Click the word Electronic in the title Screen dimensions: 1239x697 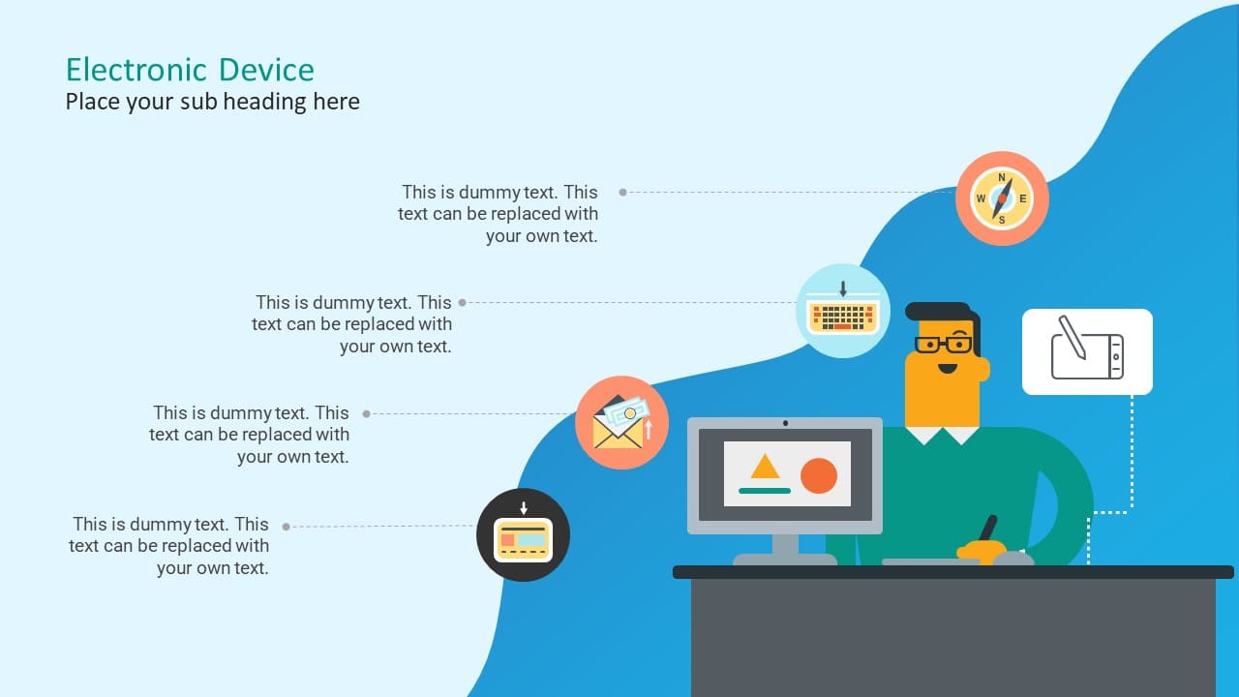pyautogui.click(x=136, y=70)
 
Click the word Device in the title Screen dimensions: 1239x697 pyautogui.click(x=266, y=70)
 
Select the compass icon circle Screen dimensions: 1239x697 pyautogui.click(x=1002, y=198)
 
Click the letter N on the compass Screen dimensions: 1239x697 pyautogui.click(x=1002, y=177)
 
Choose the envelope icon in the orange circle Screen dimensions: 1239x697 pyautogui.click(x=620, y=423)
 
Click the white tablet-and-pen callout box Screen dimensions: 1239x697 pyautogui.click(x=1087, y=351)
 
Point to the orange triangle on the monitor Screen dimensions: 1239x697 pyautogui.click(x=765, y=468)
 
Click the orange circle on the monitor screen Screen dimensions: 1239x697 pyautogui.click(x=819, y=475)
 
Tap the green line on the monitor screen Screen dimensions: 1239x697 pyautogui.click(x=765, y=491)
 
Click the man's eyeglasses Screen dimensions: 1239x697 pyautogui.click(x=943, y=345)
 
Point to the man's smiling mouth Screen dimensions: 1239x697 pyautogui.click(x=948, y=368)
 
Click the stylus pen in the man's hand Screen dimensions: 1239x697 pyautogui.click(x=987, y=530)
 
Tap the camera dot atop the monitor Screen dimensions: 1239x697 pyautogui.click(x=785, y=423)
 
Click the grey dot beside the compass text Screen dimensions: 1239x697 pyautogui.click(x=622, y=193)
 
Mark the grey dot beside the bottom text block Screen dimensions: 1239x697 pyautogui.click(x=286, y=527)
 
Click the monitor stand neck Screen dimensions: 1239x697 pyautogui.click(x=785, y=545)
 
